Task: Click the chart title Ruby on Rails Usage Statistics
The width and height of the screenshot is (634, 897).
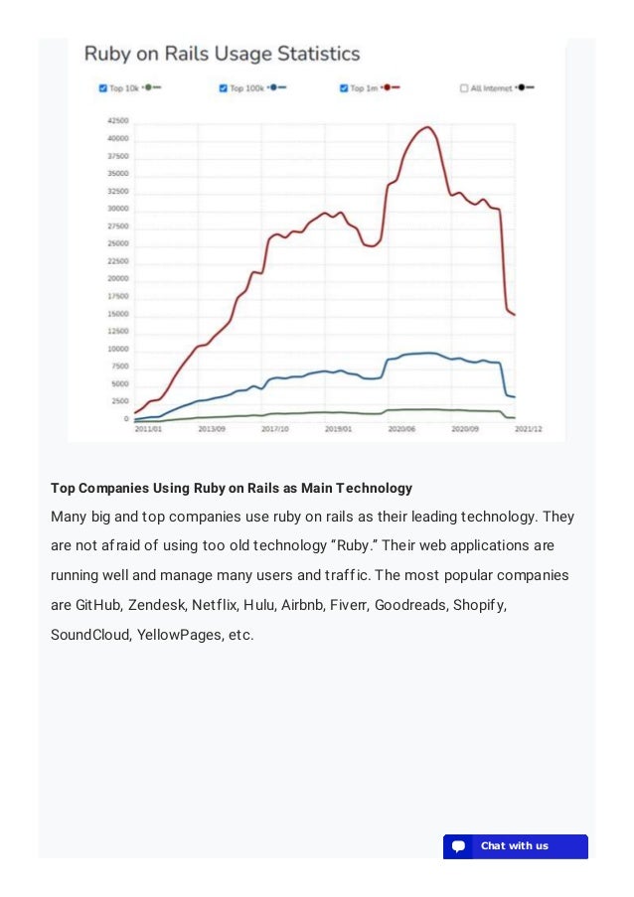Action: (x=222, y=54)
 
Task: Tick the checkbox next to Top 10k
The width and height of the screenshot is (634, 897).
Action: (x=103, y=88)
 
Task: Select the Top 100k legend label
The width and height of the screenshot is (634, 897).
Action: (x=246, y=88)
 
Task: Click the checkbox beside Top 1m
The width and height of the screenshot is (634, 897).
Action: (x=344, y=88)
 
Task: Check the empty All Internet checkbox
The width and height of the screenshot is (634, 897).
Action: (x=464, y=88)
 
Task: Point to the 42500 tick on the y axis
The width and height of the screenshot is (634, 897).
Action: (x=117, y=120)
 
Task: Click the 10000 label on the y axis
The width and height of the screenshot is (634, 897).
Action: (x=117, y=349)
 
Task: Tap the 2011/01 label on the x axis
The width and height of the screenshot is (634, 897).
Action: (x=150, y=429)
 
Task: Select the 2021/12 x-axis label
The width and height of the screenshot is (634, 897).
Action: (x=528, y=429)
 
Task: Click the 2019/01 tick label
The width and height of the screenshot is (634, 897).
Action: (x=339, y=429)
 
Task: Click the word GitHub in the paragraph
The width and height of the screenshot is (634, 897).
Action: (x=98, y=604)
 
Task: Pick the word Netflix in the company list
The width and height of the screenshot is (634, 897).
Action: (x=215, y=604)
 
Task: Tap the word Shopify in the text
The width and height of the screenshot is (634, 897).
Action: (x=480, y=604)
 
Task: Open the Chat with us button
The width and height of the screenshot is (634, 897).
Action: (x=515, y=846)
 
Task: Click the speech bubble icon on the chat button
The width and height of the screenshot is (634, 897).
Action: (x=458, y=846)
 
